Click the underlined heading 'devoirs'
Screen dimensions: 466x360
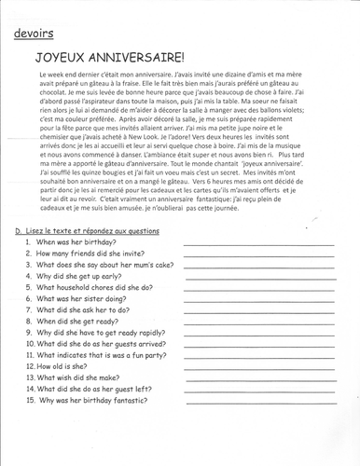point(34,35)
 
